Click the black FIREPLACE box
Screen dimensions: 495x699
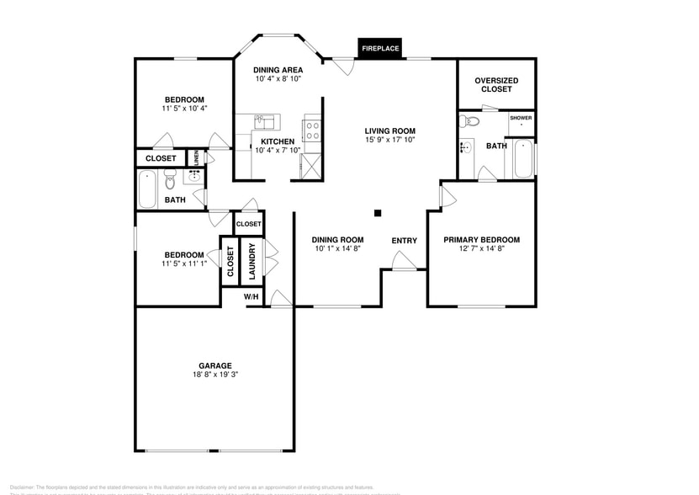pyautogui.click(x=380, y=49)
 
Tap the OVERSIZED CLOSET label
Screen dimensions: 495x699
pyautogui.click(x=496, y=84)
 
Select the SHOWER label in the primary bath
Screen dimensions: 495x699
pyautogui.click(x=521, y=118)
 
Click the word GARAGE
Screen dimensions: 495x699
pyautogui.click(x=215, y=365)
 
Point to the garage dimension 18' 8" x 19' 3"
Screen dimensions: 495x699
pyautogui.click(x=215, y=375)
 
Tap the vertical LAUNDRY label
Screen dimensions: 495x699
pyautogui.click(x=252, y=262)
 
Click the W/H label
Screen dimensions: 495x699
pyautogui.click(x=251, y=296)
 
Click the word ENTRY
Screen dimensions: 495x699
pyautogui.click(x=404, y=241)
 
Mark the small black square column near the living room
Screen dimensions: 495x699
pyautogui.click(x=378, y=213)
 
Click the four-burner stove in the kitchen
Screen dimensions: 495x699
pyautogui.click(x=311, y=130)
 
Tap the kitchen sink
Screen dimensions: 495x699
pyautogui.click(x=265, y=120)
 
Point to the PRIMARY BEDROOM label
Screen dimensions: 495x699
pyautogui.click(x=481, y=239)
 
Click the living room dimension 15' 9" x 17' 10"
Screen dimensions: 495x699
pyautogui.click(x=390, y=141)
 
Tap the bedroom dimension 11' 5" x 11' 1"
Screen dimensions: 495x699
pyautogui.click(x=183, y=264)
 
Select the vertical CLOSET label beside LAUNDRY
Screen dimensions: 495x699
pyautogui.click(x=230, y=262)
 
